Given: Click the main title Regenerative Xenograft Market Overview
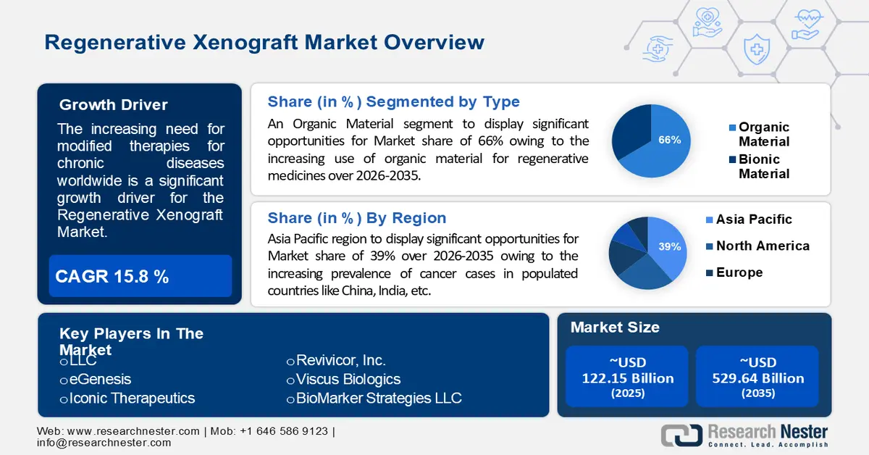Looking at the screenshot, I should click(x=264, y=42).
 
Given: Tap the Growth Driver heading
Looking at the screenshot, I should click(x=113, y=105).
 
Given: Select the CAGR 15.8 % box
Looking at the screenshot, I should click(x=140, y=276).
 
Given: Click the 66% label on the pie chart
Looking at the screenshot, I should click(x=669, y=140).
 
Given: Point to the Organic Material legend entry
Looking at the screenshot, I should click(x=763, y=134).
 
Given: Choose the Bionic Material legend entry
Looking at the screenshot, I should click(x=763, y=166).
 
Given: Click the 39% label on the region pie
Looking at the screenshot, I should click(x=669, y=247).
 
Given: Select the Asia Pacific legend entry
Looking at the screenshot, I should click(x=753, y=220).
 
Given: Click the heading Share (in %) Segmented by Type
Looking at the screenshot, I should click(x=393, y=101).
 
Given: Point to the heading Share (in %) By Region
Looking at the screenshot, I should click(x=356, y=218).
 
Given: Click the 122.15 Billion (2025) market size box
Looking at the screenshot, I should click(x=627, y=377).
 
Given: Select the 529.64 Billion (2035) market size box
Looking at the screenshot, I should click(x=757, y=377).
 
